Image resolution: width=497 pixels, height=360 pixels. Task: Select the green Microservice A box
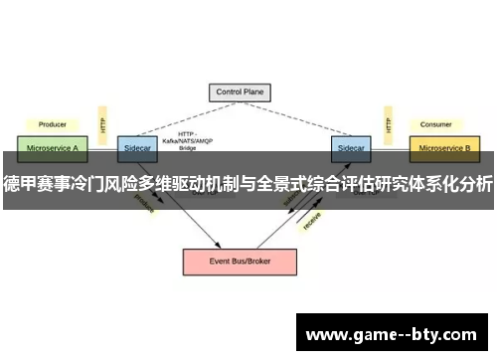(51, 147)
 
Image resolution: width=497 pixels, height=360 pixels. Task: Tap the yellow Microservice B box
(444, 147)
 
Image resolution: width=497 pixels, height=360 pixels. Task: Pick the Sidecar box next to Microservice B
(350, 147)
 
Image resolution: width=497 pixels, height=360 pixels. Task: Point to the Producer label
(52, 125)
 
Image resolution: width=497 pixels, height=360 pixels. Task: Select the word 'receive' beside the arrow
(311, 221)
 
